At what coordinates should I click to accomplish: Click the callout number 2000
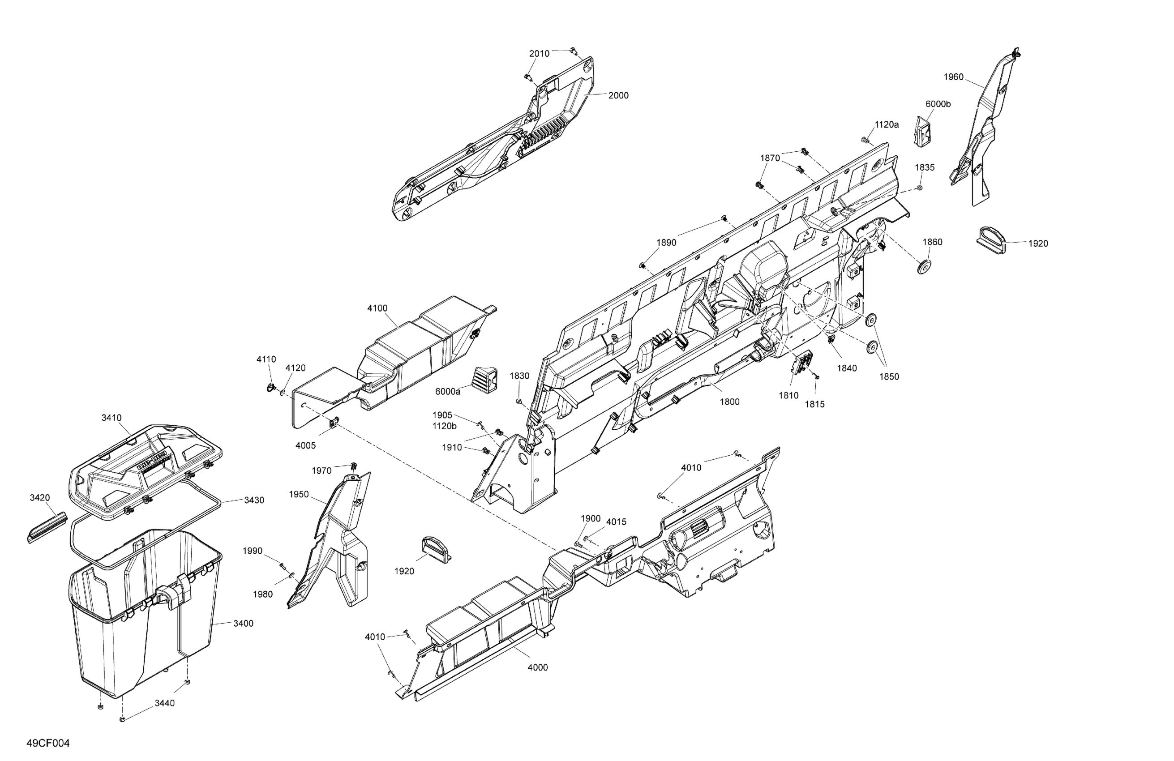[618, 96]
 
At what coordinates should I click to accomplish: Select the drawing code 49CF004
[48, 743]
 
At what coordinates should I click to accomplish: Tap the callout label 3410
[111, 418]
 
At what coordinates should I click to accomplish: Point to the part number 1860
[932, 242]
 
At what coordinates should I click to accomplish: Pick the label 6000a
[447, 392]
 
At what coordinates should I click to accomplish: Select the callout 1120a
[887, 125]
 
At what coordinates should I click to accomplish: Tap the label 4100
[377, 308]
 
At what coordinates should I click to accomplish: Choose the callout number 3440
[165, 703]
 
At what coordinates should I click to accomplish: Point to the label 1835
[925, 168]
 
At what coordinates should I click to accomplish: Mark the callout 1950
[299, 494]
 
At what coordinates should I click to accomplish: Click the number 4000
[538, 667]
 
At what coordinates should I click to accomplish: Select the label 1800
[729, 402]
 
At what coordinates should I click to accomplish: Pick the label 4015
[616, 522]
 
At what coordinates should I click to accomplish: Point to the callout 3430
[254, 500]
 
